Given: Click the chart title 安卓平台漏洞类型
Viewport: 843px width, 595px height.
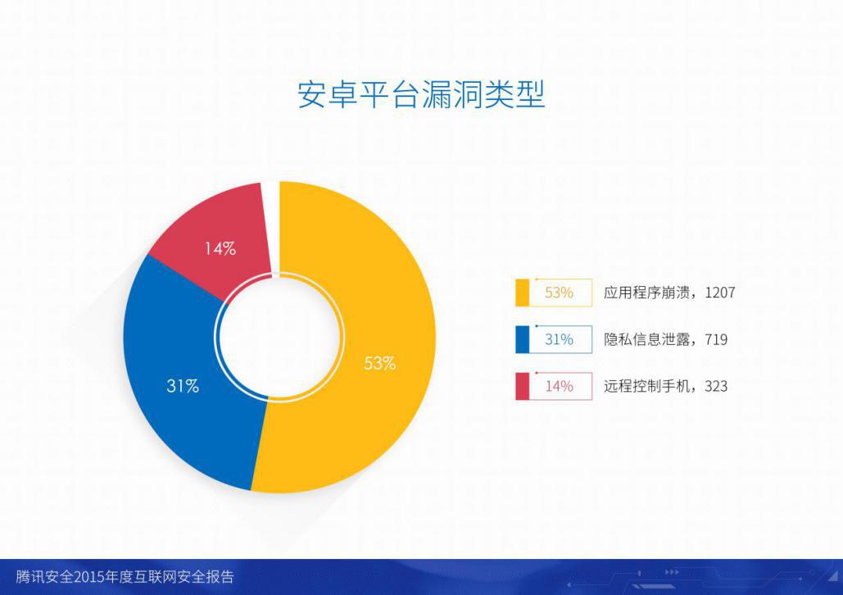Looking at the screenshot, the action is pos(421,95).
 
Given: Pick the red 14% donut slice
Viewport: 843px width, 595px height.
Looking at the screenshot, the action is pos(215,237).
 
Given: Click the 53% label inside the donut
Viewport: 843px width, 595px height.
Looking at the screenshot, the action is pos(379,364).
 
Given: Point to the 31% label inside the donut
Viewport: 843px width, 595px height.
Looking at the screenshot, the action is pos(183,386).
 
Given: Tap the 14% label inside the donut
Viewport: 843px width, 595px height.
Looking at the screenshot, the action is pos(220,248).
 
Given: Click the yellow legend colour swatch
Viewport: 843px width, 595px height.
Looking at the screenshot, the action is pos(522,293).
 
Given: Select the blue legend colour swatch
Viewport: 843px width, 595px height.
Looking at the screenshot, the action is pos(522,339).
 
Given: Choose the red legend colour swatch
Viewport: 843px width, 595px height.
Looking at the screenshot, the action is pos(522,386).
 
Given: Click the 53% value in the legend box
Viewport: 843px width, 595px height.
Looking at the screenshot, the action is pos(559,293).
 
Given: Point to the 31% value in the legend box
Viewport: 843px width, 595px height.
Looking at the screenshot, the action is pos(559,339).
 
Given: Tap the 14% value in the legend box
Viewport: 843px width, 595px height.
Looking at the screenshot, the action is pos(559,386).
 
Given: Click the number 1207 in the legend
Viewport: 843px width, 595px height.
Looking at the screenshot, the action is pos(720,293).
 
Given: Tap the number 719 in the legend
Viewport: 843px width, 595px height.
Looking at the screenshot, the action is pos(716,339).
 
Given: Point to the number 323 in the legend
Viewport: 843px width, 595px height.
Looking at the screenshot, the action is pos(716,386).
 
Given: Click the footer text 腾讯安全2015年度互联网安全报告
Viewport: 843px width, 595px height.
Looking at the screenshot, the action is pos(125,577).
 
